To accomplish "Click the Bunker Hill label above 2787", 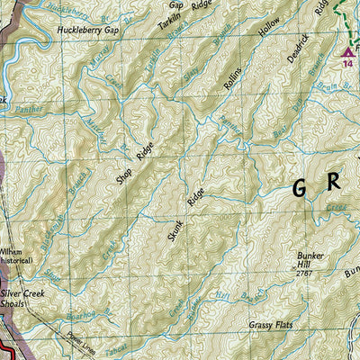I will coord(310,261).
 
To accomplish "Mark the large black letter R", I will coord(336,181).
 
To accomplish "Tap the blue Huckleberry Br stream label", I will coord(64,9).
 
